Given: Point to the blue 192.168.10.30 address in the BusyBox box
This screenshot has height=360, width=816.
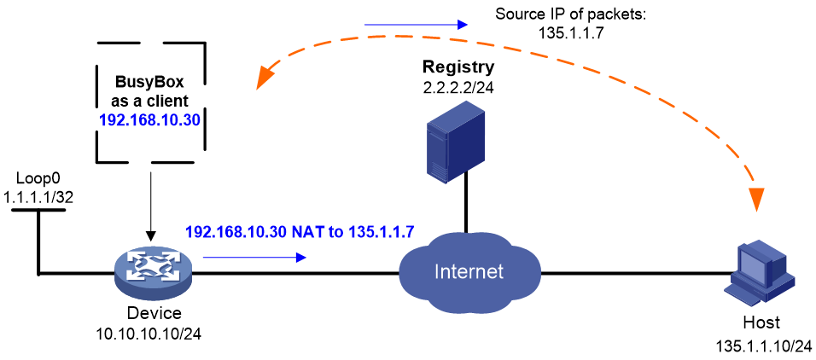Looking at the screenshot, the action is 150,120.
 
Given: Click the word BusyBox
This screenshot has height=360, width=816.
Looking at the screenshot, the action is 150,83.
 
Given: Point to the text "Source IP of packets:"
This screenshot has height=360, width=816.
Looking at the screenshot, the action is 570,14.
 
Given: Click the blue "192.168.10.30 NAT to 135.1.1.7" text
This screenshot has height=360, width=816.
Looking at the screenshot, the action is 300,231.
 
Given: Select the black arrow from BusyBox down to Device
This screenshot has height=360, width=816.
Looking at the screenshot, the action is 151,206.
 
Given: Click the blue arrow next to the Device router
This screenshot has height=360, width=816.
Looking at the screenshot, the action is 254,257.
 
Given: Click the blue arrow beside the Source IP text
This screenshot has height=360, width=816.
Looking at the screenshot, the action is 415,24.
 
